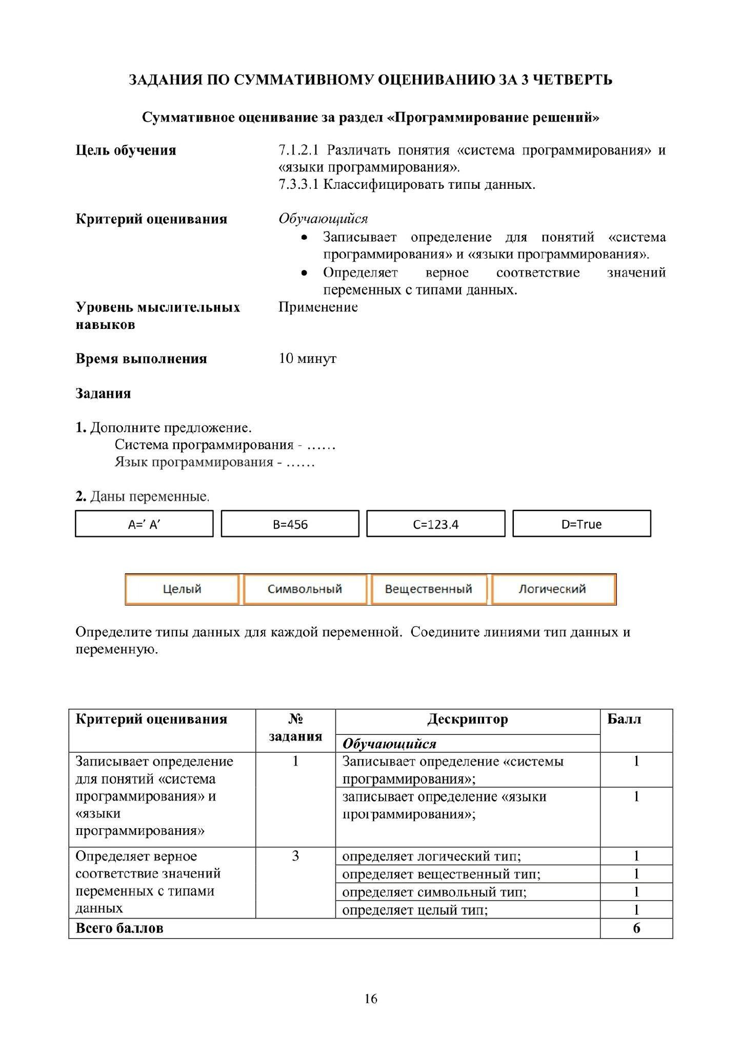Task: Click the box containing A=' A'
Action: point(144,524)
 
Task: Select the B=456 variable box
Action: point(290,524)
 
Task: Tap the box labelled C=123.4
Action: point(436,524)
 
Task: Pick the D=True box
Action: point(581,524)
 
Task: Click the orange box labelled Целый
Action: point(182,589)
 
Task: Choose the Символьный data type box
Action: point(305,589)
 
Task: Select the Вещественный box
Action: point(428,589)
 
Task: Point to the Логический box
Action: point(552,589)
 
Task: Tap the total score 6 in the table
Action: point(636,928)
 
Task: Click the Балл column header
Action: point(624,719)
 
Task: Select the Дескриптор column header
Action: point(468,719)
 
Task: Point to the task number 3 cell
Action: point(295,856)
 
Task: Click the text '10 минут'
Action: point(308,358)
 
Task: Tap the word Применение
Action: point(318,307)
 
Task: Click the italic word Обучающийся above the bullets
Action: point(323,219)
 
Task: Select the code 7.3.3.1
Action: point(298,185)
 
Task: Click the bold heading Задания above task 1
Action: point(103,394)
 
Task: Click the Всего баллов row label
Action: point(119,928)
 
